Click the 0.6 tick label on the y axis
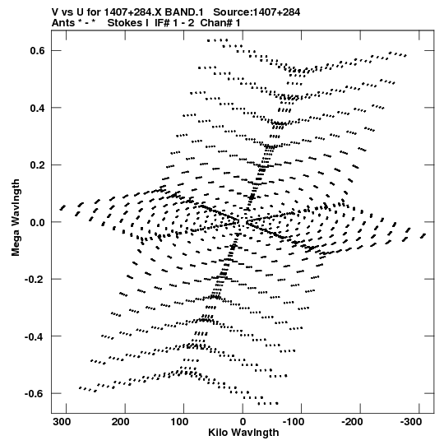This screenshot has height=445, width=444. [37, 51]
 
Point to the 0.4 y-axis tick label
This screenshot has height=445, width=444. [37, 108]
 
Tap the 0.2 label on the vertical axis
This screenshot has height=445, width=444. [37, 165]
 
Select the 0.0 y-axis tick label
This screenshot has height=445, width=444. [37, 222]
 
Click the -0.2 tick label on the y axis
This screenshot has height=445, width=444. [35, 280]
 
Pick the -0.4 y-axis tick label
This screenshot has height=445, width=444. [35, 337]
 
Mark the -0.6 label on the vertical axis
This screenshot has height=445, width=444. [35, 394]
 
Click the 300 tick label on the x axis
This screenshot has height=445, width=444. [62, 422]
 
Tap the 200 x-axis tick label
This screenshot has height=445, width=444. [120, 422]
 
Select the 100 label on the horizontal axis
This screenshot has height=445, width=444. [179, 422]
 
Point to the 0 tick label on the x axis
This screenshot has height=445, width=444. [243, 422]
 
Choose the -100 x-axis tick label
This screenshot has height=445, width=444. [294, 422]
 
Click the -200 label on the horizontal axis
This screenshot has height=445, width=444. [352, 422]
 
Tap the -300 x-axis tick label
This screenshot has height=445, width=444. [411, 422]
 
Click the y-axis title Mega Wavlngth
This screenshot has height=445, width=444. [16, 218]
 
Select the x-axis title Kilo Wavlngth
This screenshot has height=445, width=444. [243, 433]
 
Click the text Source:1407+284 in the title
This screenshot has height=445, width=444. [257, 12]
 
